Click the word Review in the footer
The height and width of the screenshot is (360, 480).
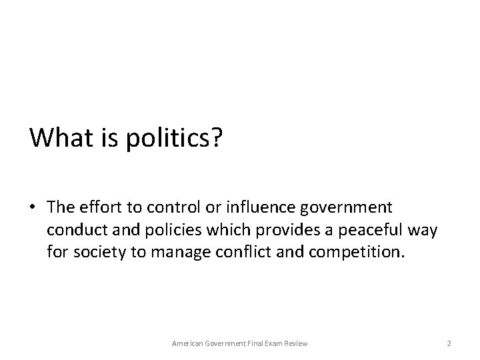pyautogui.click(x=296, y=343)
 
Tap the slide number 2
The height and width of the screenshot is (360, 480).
pyautogui.click(x=449, y=343)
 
